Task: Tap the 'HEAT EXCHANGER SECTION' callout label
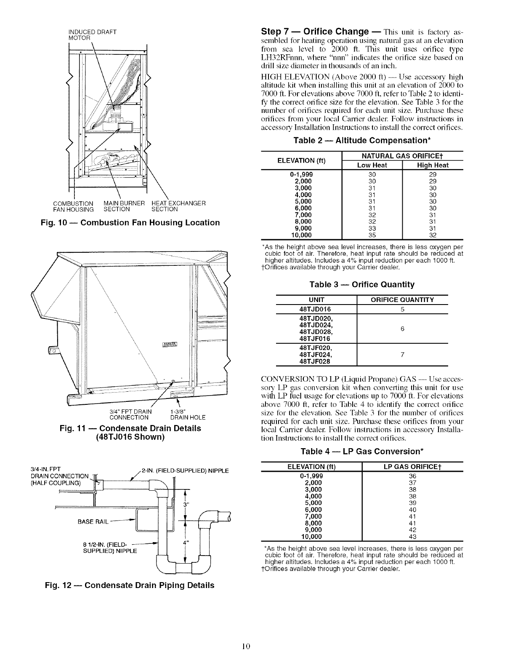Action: (178, 206)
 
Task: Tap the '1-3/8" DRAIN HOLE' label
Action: (187, 415)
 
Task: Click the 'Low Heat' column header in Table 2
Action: (372, 166)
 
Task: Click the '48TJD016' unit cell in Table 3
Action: (316, 309)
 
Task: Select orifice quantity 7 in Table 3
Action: (402, 355)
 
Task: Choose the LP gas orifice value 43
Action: (412, 537)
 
